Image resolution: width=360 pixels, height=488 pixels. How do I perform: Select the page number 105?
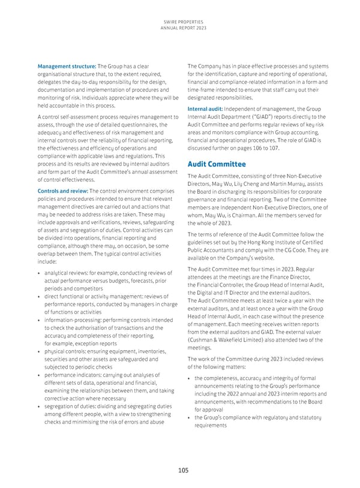(x=180, y=471)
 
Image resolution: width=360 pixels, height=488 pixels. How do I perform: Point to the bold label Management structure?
(x=66, y=65)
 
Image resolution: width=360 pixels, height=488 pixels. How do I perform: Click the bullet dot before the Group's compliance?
(x=190, y=417)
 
